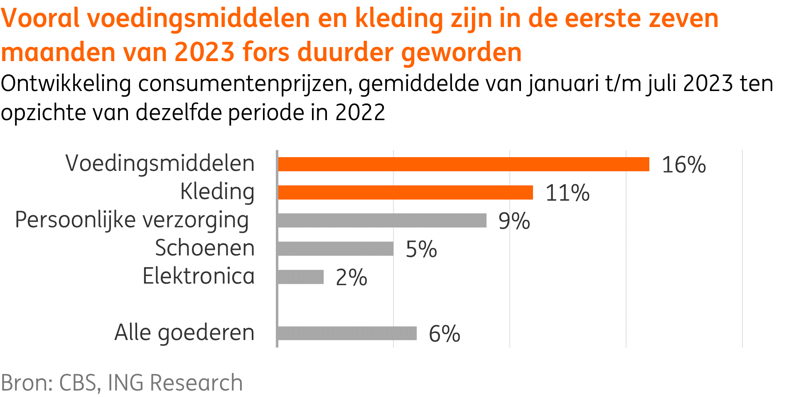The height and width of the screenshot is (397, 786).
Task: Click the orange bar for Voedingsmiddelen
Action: pyautogui.click(x=463, y=164)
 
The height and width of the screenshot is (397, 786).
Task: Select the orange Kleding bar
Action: pyautogui.click(x=405, y=192)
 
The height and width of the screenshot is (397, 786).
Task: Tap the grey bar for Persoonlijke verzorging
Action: pyautogui.click(x=382, y=220)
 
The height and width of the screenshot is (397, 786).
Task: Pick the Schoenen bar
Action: pyautogui.click(x=335, y=249)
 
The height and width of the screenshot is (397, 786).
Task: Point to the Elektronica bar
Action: pyautogui.click(x=300, y=277)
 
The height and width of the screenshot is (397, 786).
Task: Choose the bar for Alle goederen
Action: pyautogui.click(x=347, y=333)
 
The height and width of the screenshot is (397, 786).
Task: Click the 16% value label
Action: pyautogui.click(x=683, y=165)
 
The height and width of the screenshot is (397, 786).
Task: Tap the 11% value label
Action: pyautogui.click(x=567, y=193)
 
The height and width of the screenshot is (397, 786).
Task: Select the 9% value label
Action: pyautogui.click(x=514, y=221)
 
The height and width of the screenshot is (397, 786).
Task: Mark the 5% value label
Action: pyautogui.click(x=421, y=249)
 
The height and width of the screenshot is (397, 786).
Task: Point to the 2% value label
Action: pyautogui.click(x=351, y=277)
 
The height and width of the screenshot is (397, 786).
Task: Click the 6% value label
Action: pyautogui.click(x=444, y=334)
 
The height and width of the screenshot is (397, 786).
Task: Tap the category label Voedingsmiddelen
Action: pyautogui.click(x=160, y=163)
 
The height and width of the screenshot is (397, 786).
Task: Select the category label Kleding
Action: pyautogui.click(x=217, y=192)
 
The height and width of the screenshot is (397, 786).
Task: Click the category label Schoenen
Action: pyautogui.click(x=205, y=248)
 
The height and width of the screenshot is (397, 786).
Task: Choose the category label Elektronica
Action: pyautogui.click(x=199, y=276)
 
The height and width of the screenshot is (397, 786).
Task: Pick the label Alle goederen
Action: pyautogui.click(x=184, y=333)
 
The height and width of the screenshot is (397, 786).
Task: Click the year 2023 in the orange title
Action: pyautogui.click(x=204, y=52)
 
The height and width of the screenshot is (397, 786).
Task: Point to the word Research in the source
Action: pyautogui.click(x=196, y=382)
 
